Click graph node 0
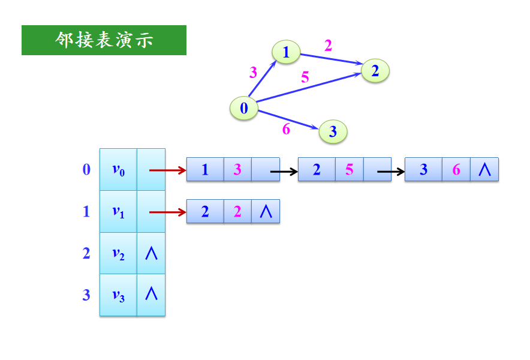pyautogui.click(x=244, y=108)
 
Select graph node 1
pyautogui.click(x=286, y=52)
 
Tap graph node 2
pyautogui.click(x=375, y=71)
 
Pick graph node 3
pyautogui.click(x=333, y=131)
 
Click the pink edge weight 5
pyautogui.click(x=305, y=77)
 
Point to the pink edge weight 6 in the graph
pyautogui.click(x=286, y=129)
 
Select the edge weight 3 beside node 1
pyautogui.click(x=253, y=73)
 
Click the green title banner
pyautogui.click(x=104, y=40)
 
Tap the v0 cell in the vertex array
pyautogui.click(x=118, y=170)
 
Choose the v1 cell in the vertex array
pyautogui.click(x=118, y=212)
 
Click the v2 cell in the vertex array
pyautogui.click(x=118, y=253)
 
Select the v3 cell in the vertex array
pyautogui.click(x=118, y=295)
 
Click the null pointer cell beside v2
pyautogui.click(x=151, y=253)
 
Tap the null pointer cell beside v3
pyautogui.click(x=151, y=295)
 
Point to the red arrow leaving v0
pyautogui.click(x=167, y=170)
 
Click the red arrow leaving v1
pyautogui.click(x=167, y=212)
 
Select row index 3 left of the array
pyautogui.click(x=86, y=295)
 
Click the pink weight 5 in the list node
pyautogui.click(x=350, y=170)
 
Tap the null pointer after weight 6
pyautogui.click(x=484, y=170)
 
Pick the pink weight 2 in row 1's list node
pyautogui.click(x=237, y=212)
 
